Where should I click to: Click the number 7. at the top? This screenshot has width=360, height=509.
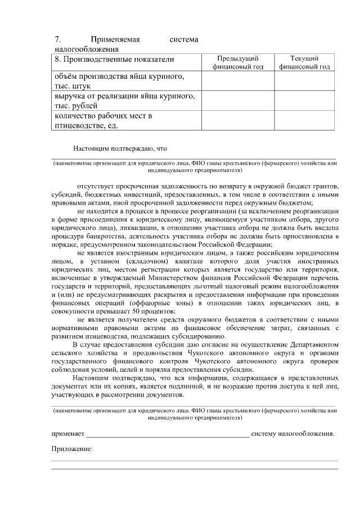click(57, 40)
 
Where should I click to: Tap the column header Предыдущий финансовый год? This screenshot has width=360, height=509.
click(238, 62)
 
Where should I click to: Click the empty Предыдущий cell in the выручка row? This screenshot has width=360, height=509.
click(238, 100)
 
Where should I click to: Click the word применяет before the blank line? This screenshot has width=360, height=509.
click(67, 434)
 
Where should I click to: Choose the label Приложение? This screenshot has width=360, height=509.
click(71, 449)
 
